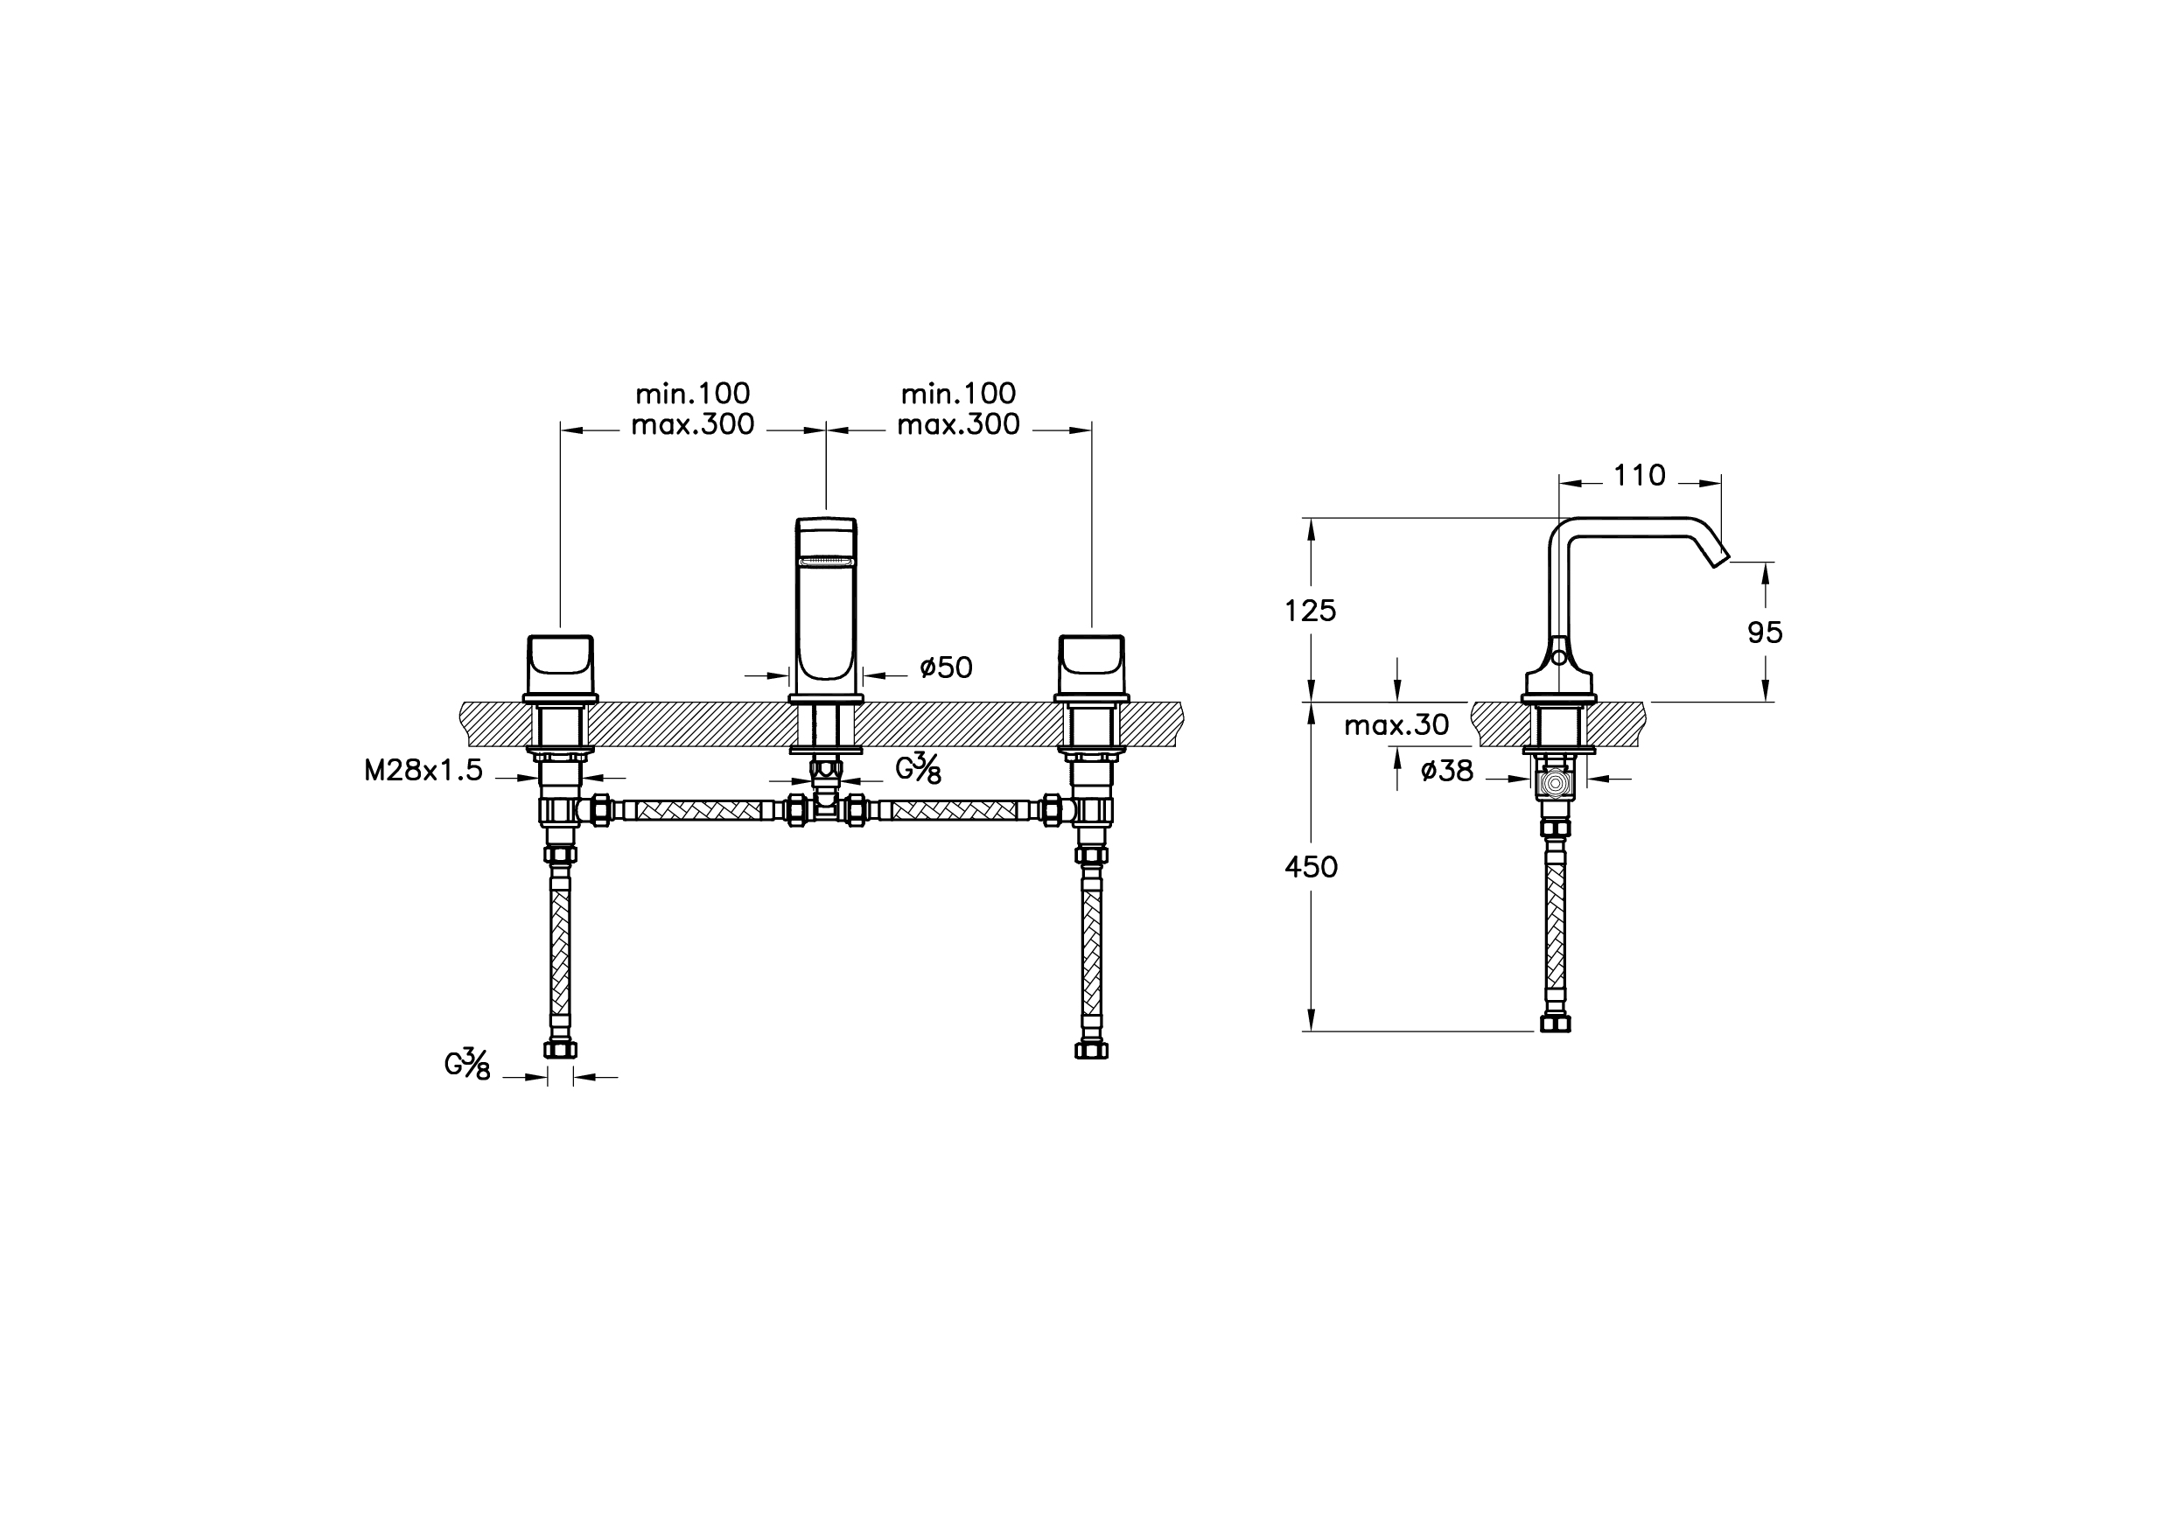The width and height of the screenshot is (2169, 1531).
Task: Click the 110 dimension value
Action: (x=1639, y=475)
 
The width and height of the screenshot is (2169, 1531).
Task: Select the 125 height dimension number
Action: (x=1311, y=611)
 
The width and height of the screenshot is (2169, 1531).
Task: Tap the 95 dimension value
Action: (x=1765, y=633)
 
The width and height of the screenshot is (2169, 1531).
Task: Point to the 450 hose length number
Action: (x=1312, y=867)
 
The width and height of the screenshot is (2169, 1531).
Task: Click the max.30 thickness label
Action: (x=1396, y=724)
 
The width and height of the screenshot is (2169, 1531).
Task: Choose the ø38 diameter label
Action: (x=1446, y=771)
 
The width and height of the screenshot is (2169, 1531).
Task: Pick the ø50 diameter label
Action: (x=946, y=668)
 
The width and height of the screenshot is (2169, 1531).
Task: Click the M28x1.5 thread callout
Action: (x=423, y=771)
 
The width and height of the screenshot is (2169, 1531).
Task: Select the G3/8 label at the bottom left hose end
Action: (x=467, y=1065)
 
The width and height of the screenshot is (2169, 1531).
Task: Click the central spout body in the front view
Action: (x=827, y=605)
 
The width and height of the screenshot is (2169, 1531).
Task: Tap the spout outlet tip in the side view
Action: (x=1721, y=558)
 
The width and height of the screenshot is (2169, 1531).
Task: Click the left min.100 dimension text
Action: (x=692, y=393)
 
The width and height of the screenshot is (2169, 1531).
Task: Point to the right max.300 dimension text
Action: (x=958, y=425)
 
